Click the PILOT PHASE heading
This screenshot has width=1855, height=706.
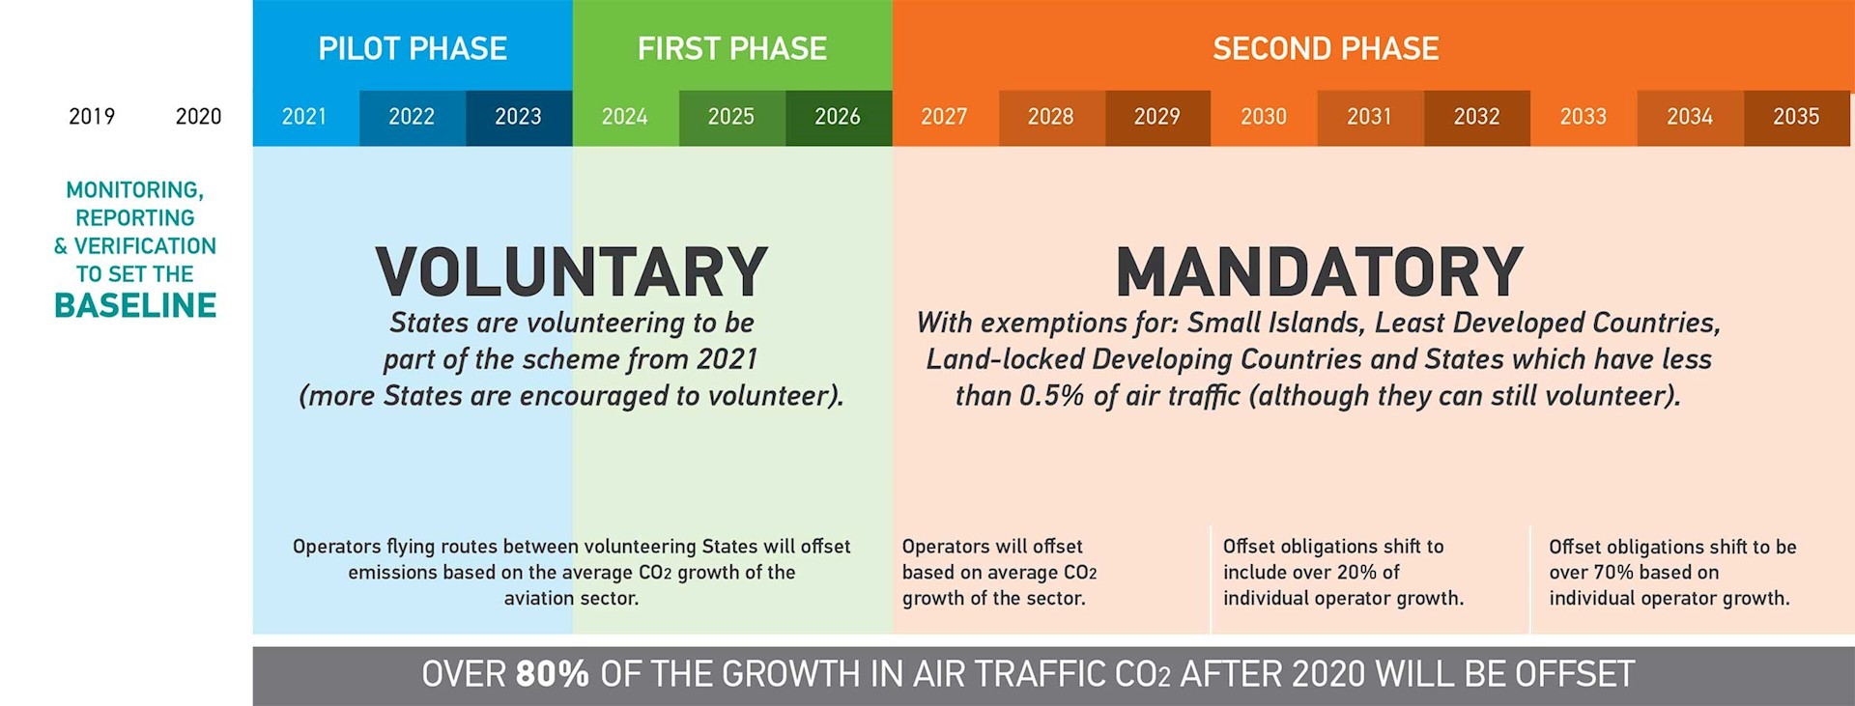click(413, 48)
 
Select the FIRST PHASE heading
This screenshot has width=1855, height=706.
click(731, 48)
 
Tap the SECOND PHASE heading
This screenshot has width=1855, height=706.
click(1326, 48)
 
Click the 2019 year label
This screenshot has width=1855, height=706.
click(92, 117)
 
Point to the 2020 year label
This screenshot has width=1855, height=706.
click(198, 117)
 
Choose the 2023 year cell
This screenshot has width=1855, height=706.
click(519, 118)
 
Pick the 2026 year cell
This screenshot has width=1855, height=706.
click(839, 118)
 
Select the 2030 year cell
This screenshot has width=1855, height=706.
click(1265, 118)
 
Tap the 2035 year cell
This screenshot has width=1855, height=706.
click(1797, 118)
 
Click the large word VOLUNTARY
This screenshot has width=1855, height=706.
click(572, 272)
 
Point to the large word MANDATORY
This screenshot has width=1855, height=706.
click(1320, 272)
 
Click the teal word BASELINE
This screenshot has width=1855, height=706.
click(135, 306)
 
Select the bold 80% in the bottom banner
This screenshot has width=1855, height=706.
click(552, 674)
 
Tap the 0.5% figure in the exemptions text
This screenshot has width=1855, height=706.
click(1051, 396)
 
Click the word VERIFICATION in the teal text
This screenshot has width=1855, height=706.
click(145, 246)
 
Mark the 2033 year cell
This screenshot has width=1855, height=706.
click(1584, 118)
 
